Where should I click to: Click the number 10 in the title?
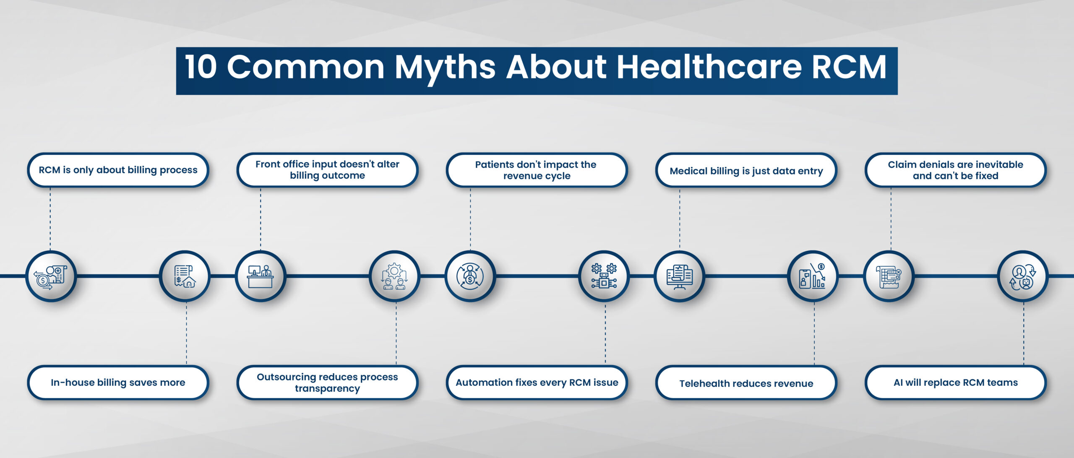[x=201, y=67]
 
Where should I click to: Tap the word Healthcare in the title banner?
[x=709, y=67]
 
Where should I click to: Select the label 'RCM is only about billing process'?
[x=118, y=170]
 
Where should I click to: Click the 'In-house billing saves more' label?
[x=118, y=382]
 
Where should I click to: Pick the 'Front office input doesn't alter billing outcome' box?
[x=327, y=170]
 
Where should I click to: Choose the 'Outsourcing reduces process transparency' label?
[x=327, y=382]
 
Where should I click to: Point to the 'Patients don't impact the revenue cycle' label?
[x=537, y=170]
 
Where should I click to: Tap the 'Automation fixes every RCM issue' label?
[x=537, y=382]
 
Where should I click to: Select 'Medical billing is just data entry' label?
[x=746, y=170]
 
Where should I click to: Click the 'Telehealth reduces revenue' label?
[x=746, y=382]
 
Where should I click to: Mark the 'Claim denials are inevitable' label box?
[x=955, y=170]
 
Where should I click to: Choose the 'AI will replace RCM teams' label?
[x=955, y=382]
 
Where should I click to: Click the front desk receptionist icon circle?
[x=261, y=276]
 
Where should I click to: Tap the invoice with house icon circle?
[x=185, y=276]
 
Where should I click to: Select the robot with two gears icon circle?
[x=604, y=276]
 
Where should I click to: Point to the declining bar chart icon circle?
[x=813, y=276]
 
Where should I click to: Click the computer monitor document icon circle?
[x=680, y=276]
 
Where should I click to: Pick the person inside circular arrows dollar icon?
[x=470, y=276]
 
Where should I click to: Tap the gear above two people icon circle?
[x=395, y=276]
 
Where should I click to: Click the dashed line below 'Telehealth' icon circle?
[x=814, y=333]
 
